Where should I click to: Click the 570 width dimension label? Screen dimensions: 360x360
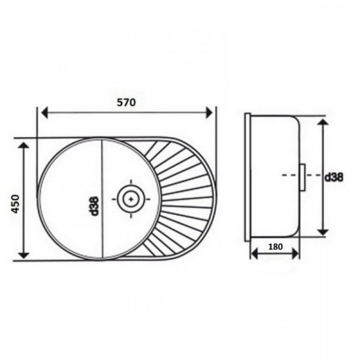tap(127, 102)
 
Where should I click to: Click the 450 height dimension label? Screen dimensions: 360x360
tap(16, 204)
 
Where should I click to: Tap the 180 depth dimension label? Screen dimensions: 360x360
tap(276, 247)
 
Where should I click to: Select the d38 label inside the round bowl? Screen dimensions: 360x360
tap(95, 206)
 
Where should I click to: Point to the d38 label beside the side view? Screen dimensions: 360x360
tap(334, 177)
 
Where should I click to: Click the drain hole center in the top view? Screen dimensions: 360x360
tap(131, 199)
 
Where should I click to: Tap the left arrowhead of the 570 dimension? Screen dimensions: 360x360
tap(44, 112)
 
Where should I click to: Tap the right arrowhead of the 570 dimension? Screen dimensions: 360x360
tap(209, 112)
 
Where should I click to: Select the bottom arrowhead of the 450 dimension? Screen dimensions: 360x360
tap(24, 255)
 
